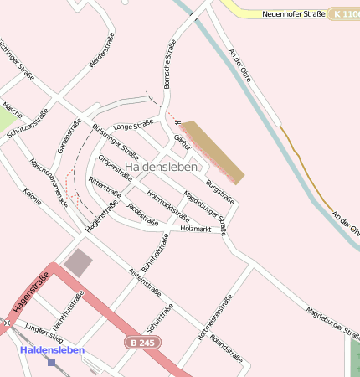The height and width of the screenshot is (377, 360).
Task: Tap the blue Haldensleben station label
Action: (x=52, y=349)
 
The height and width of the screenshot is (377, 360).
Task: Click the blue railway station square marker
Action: (x=52, y=362)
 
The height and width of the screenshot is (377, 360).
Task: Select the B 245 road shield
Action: (x=144, y=343)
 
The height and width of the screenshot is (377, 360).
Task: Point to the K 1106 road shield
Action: (x=346, y=13)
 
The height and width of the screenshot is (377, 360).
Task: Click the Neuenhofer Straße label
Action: (x=293, y=13)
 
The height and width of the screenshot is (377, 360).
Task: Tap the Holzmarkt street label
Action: (x=195, y=229)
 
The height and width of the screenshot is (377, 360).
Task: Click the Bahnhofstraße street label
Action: (x=156, y=252)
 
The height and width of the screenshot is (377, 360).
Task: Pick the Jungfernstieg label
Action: (x=44, y=333)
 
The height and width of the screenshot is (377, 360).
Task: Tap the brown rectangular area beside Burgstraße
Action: (x=213, y=152)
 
